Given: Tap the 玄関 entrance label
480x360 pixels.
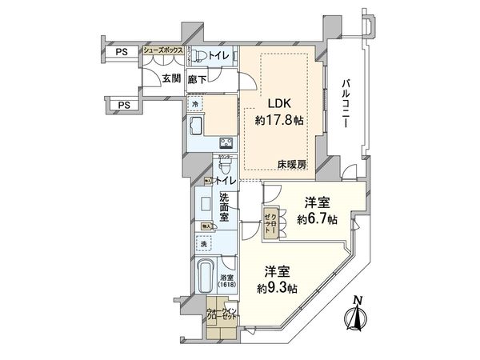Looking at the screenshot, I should point(170,78).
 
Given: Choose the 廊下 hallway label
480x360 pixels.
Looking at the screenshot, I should point(197,79).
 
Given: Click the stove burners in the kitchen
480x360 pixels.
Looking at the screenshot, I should point(226,144).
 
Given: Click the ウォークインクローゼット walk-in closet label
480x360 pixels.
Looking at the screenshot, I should point(219,313).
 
